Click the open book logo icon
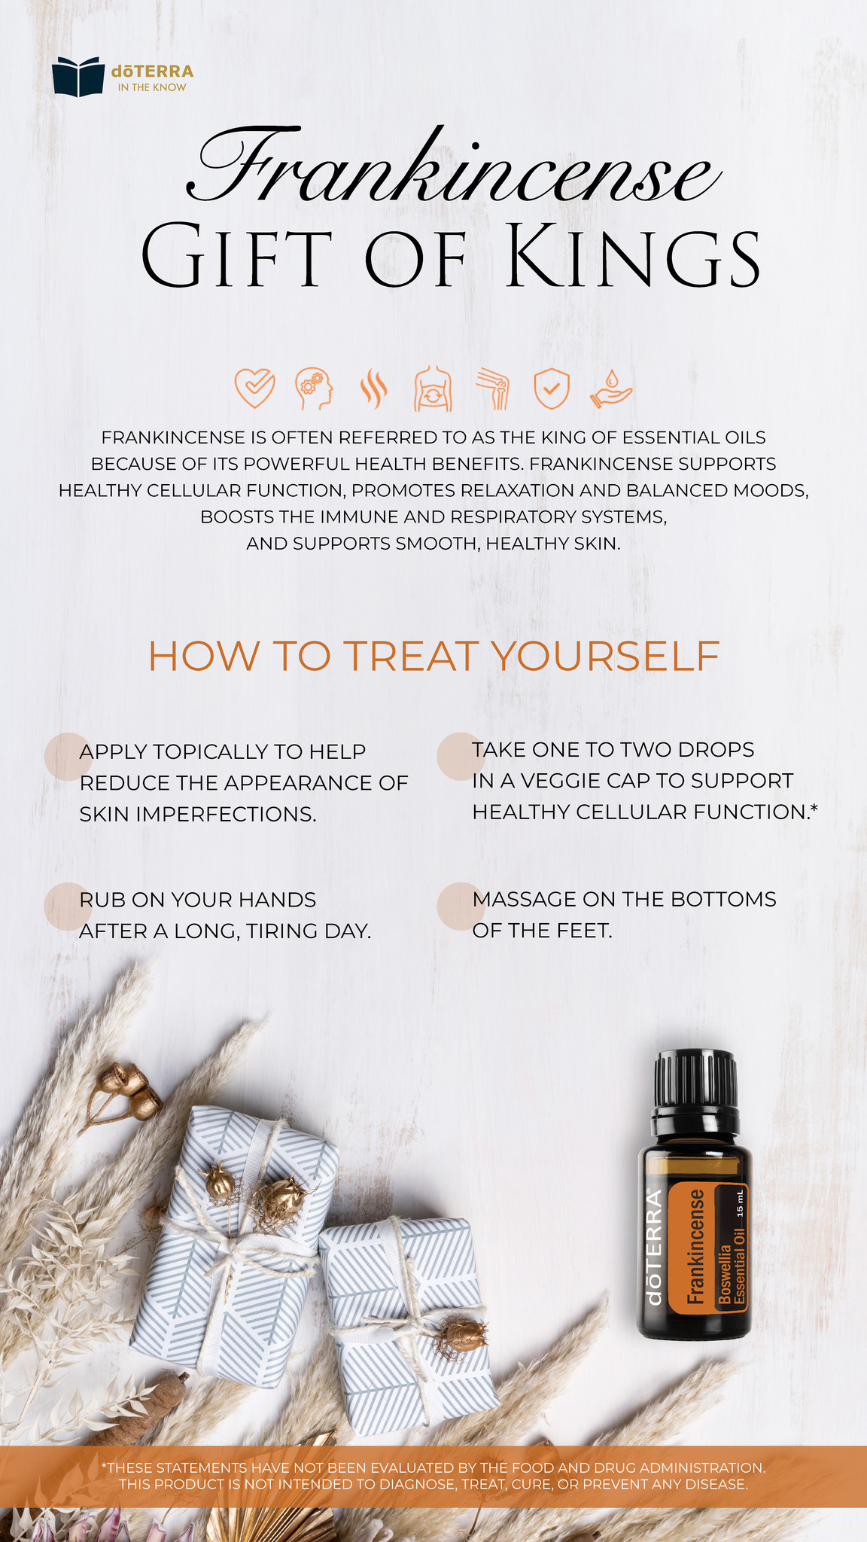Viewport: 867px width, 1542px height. click(x=78, y=77)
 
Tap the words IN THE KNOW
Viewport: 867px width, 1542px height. click(x=152, y=88)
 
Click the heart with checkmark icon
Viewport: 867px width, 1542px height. click(x=254, y=389)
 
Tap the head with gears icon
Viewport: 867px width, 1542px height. click(x=314, y=389)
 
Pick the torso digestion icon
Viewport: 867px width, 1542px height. click(x=433, y=389)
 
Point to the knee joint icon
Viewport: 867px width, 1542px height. click(x=494, y=389)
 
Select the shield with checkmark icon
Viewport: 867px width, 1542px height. click(x=552, y=389)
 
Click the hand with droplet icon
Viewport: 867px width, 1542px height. click(x=611, y=389)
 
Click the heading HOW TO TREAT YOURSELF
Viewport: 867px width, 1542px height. click(x=433, y=656)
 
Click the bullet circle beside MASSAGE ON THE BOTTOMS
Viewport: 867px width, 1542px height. click(x=460, y=905)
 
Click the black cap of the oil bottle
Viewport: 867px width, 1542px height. click(x=695, y=1079)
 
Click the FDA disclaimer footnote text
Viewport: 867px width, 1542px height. click(x=433, y=1476)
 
